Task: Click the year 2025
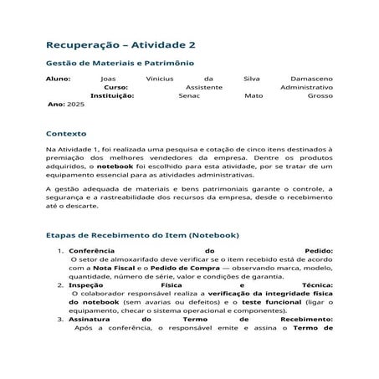tap(76, 105)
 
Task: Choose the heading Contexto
tap(66, 133)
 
